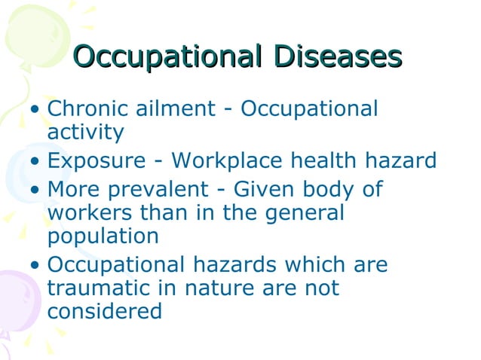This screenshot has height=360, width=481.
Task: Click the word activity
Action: (x=85, y=133)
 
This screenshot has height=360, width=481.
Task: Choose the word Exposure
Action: (x=96, y=160)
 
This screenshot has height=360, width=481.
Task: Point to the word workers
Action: (x=90, y=212)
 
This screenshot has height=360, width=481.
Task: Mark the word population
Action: (x=103, y=236)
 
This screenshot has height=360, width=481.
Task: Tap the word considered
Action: (x=104, y=311)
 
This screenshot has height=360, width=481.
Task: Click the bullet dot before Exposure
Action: (x=35, y=162)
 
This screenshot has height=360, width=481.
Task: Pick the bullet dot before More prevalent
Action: (x=35, y=190)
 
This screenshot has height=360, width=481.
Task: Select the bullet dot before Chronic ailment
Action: (x=35, y=110)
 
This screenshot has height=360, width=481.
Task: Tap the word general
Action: (x=302, y=212)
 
